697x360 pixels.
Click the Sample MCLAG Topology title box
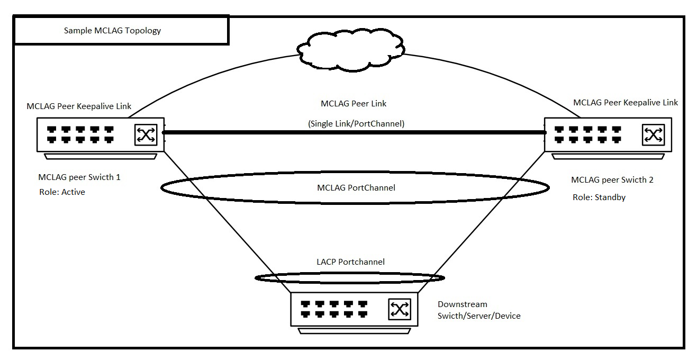pyautogui.click(x=121, y=31)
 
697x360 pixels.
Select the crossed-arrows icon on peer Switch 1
pyautogui.click(x=146, y=134)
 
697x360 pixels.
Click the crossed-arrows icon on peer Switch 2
pyautogui.click(x=653, y=134)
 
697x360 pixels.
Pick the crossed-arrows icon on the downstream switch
pyautogui.click(x=400, y=309)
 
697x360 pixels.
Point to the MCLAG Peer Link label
pyautogui.click(x=354, y=104)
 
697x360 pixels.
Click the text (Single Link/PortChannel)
pyautogui.click(x=356, y=123)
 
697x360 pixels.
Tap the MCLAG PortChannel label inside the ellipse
pyautogui.click(x=356, y=188)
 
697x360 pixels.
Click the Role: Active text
pyautogui.click(x=62, y=192)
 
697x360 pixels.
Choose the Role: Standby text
pyautogui.click(x=599, y=197)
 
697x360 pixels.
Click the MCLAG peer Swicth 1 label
pyautogui.click(x=79, y=177)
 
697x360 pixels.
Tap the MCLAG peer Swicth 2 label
pyautogui.click(x=612, y=180)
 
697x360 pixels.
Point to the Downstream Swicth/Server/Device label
pyautogui.click(x=479, y=310)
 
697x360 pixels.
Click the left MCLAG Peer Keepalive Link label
pyautogui.click(x=79, y=106)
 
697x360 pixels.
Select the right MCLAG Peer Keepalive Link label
pyautogui.click(x=626, y=102)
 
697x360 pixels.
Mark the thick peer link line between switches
pyautogui.click(x=355, y=132)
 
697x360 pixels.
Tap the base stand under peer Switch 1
pyautogui.click(x=101, y=156)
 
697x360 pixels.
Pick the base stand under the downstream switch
pyautogui.click(x=354, y=331)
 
